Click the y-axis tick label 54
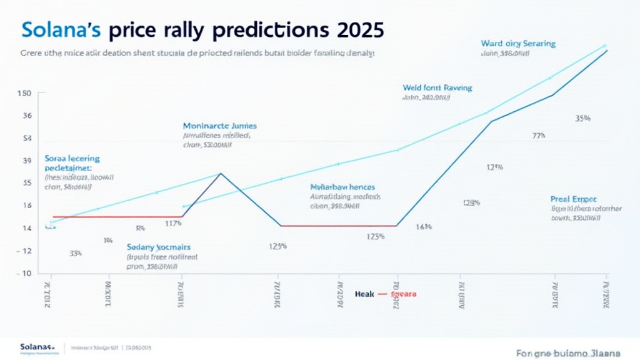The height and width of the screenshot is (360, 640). [27, 139]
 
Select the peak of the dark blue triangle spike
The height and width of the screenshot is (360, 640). [220, 173]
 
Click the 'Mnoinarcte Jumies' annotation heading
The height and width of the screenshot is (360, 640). [219, 126]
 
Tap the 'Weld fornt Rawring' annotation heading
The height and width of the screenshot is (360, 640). [437, 88]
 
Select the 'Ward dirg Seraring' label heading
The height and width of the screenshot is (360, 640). [518, 44]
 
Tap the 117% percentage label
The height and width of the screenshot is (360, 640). [173, 223]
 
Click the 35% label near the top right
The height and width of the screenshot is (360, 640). [582, 118]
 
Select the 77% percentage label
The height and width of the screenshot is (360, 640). [539, 135]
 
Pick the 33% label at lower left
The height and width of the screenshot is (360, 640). [75, 254]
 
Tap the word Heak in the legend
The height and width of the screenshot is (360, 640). [363, 293]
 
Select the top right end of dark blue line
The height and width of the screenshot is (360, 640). [607, 51]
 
